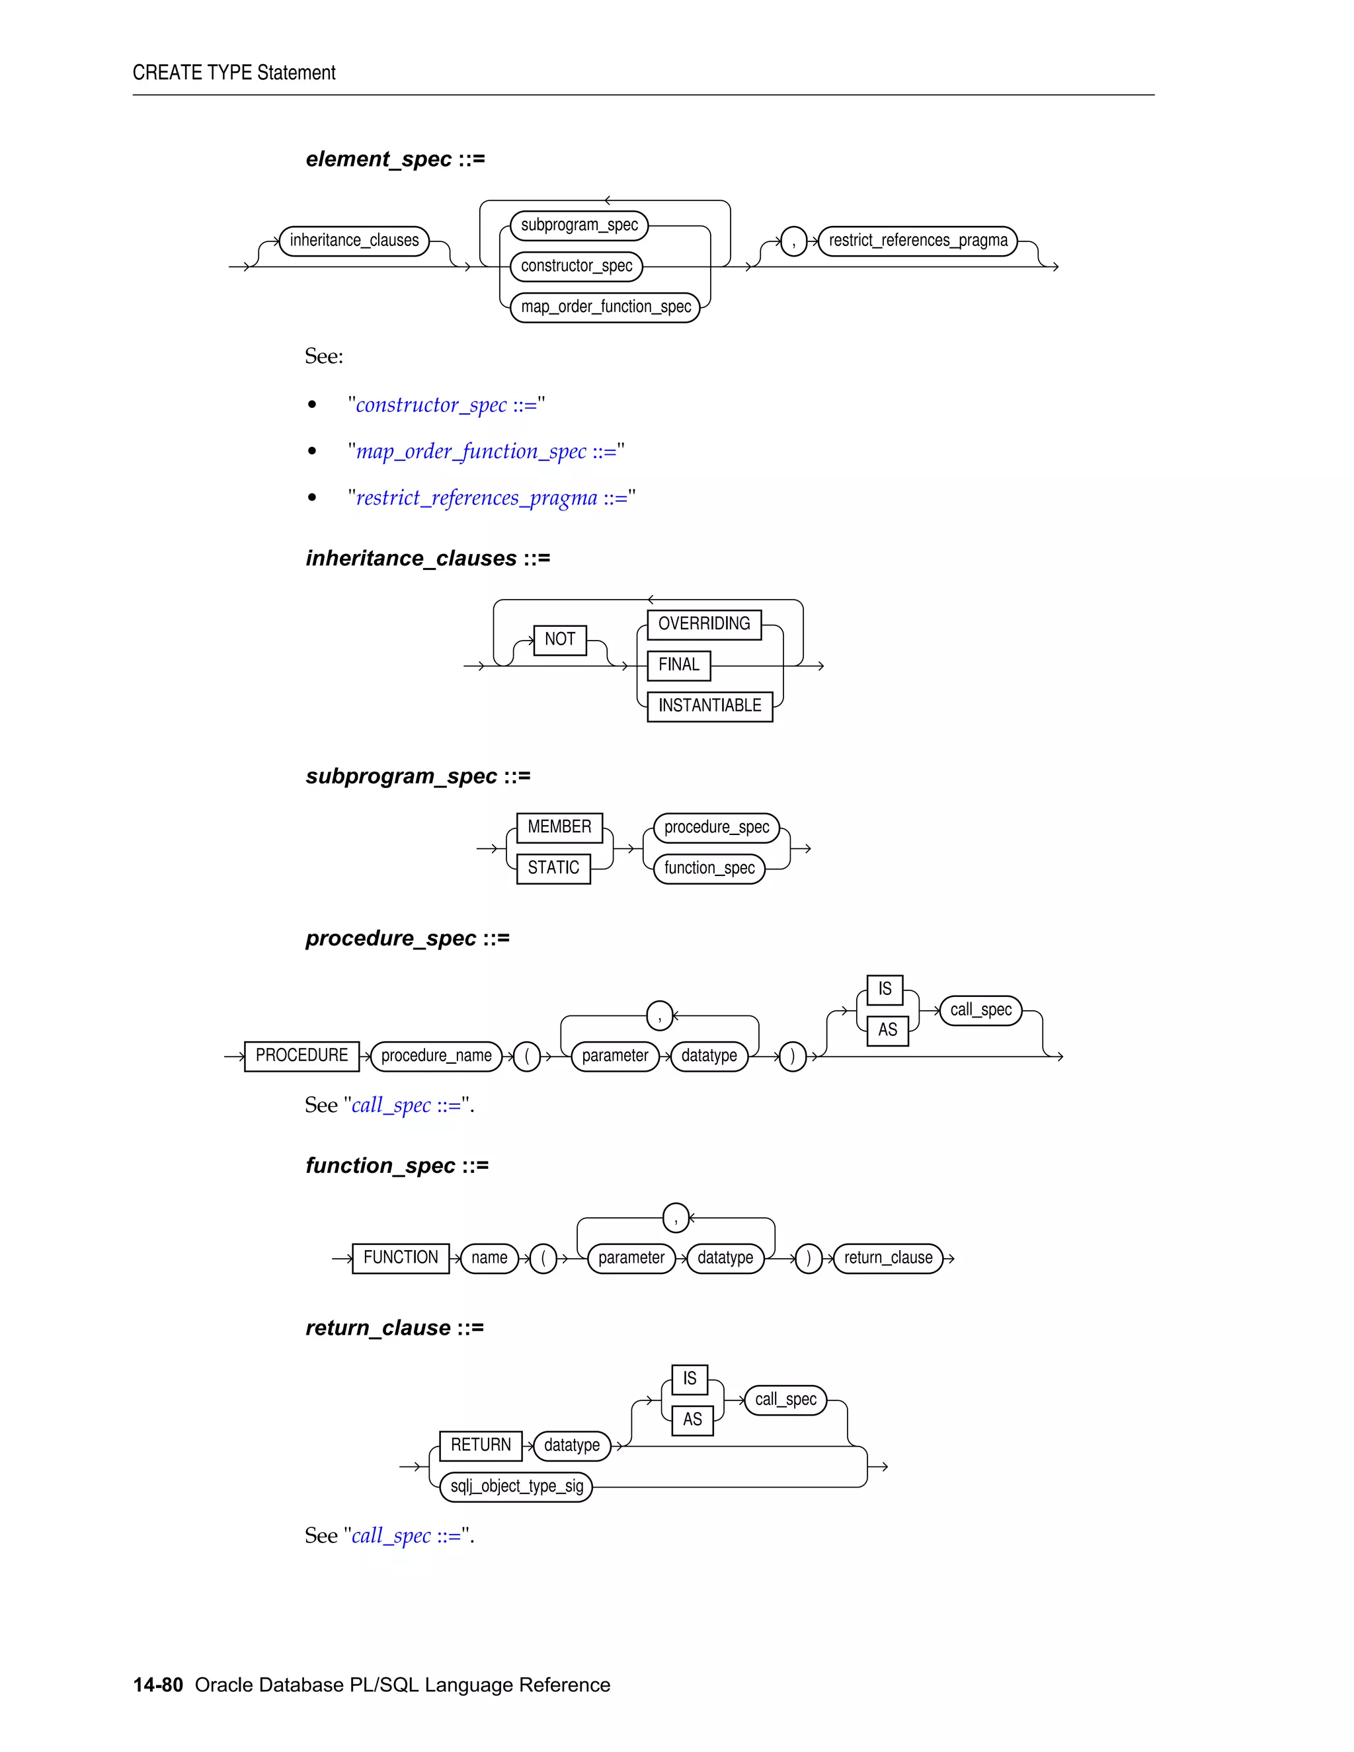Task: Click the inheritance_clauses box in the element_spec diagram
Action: tap(354, 241)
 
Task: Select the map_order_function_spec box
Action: tap(605, 307)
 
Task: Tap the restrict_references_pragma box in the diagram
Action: tap(918, 241)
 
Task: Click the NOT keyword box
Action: tap(560, 639)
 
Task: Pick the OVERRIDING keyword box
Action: tap(703, 624)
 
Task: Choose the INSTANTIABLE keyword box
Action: tap(709, 706)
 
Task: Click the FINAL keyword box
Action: tap(678, 665)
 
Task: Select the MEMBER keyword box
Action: tap(559, 827)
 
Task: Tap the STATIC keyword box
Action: tap(553, 868)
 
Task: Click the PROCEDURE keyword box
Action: tap(301, 1056)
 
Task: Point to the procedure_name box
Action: tap(436, 1056)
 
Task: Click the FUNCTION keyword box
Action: tap(400, 1258)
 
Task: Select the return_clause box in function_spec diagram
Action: tap(888, 1258)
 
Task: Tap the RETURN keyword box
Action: tap(481, 1445)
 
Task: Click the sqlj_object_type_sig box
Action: tap(516, 1486)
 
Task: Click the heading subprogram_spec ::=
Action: tap(418, 777)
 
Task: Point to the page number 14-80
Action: tap(158, 1685)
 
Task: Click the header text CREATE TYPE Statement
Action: tap(234, 73)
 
